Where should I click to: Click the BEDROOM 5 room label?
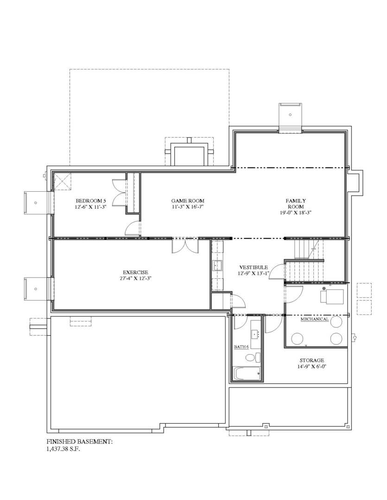[x=91, y=201]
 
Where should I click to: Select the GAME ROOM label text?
[x=188, y=201]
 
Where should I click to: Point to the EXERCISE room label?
[x=135, y=272]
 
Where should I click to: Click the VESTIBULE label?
[x=254, y=268]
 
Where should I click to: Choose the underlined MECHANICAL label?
[x=314, y=319]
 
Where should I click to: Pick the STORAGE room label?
[x=311, y=360]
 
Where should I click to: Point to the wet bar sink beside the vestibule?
[x=217, y=266]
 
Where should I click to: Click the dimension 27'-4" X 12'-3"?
[x=135, y=279]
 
